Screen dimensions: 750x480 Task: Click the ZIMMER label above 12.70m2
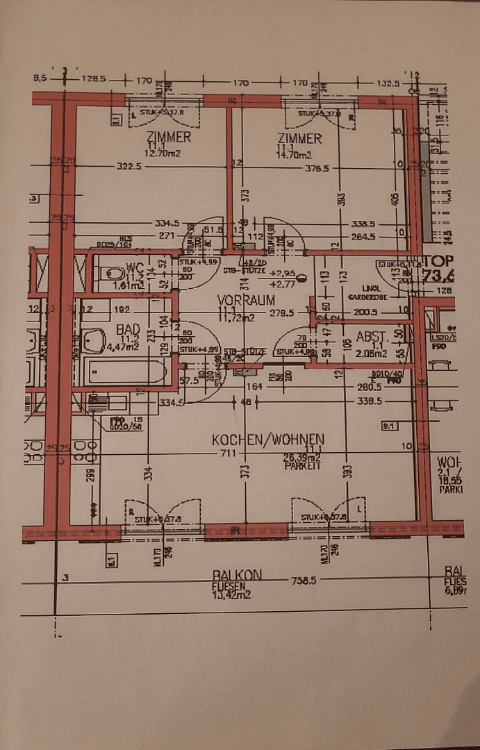(x=167, y=137)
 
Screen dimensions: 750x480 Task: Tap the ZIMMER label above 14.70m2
(x=299, y=138)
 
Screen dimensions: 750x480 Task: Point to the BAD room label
(x=128, y=329)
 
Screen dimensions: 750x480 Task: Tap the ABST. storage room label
(x=370, y=337)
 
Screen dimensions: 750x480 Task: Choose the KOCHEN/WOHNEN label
(x=268, y=440)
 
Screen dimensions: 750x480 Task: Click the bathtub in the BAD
(x=126, y=372)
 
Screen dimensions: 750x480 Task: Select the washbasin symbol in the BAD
(x=92, y=340)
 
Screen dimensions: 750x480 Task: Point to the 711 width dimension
(x=228, y=453)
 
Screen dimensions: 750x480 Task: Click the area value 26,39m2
(x=301, y=458)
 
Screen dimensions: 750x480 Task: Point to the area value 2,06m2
(x=371, y=353)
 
